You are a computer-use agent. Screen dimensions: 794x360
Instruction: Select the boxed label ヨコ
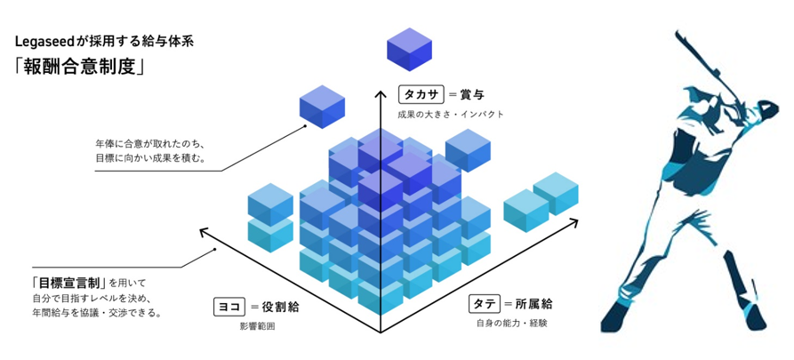[x=228, y=307]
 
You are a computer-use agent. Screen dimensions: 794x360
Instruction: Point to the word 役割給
[x=280, y=307]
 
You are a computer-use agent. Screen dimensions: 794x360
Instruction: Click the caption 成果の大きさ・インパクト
[x=450, y=114]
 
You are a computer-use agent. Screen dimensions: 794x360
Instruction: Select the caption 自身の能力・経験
[x=511, y=322]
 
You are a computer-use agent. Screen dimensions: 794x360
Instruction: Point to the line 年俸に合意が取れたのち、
[x=148, y=143]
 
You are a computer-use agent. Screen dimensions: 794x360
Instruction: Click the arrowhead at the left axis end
[x=204, y=232]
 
